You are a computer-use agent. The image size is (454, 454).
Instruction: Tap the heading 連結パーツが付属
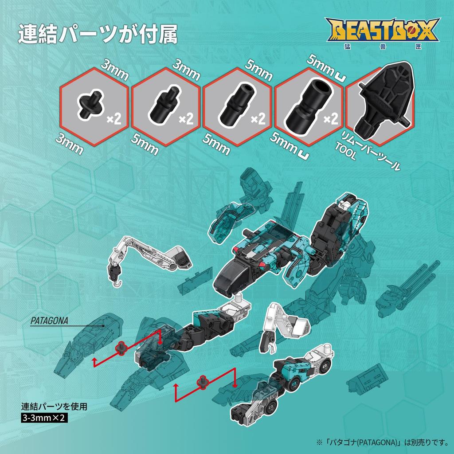coord(98,35)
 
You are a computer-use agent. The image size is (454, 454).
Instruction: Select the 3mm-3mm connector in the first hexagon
coord(92,105)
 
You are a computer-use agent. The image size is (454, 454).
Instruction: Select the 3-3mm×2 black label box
coord(44,417)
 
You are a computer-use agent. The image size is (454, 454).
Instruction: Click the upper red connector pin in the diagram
coord(120,348)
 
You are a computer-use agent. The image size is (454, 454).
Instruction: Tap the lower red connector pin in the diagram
coord(203,381)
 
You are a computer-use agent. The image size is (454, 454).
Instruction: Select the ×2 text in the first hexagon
coord(114,119)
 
